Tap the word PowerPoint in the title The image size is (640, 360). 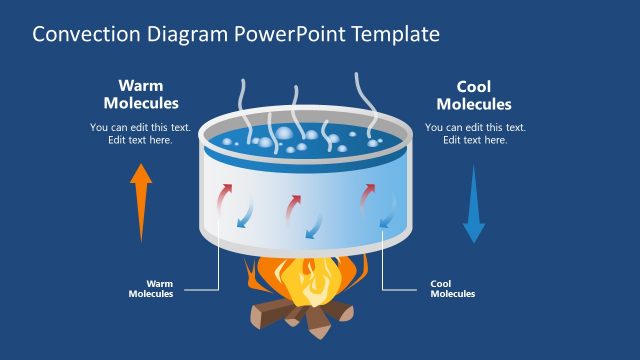[x=284, y=35]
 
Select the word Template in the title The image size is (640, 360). [x=390, y=35]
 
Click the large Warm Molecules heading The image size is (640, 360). [x=141, y=94]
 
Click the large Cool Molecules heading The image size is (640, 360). [x=474, y=95]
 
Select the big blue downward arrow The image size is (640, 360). [x=474, y=205]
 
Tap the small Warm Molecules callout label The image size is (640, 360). [x=151, y=289]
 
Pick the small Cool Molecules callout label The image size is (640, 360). [x=452, y=289]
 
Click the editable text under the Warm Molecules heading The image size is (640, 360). [x=140, y=133]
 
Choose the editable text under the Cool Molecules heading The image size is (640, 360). [x=475, y=133]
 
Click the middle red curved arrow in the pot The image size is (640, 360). [x=294, y=204]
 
